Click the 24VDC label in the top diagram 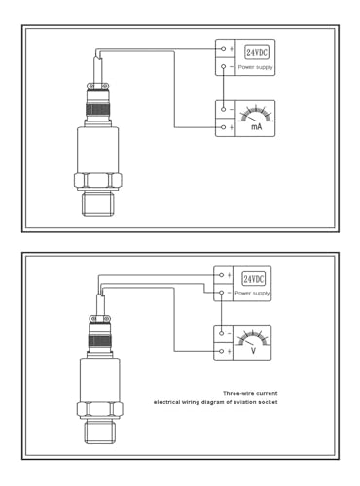(x=257, y=52)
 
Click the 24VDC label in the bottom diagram (x=253, y=279)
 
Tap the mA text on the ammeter (x=257, y=126)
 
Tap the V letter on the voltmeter (x=254, y=351)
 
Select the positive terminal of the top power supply (x=223, y=49)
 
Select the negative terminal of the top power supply (x=223, y=66)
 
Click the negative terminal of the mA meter (x=223, y=109)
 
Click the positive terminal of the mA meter (x=223, y=127)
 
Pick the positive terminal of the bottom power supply (x=221, y=275)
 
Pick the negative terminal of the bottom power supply (x=221, y=293)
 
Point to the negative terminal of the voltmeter (x=221, y=333)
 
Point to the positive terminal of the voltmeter (x=221, y=351)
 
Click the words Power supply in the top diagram (x=256, y=67)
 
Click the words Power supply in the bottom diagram (x=252, y=294)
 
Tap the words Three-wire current (x=250, y=393)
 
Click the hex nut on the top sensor (x=98, y=181)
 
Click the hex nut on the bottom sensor (x=100, y=409)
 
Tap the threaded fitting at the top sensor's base (x=98, y=204)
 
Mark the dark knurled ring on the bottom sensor (x=99, y=341)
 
